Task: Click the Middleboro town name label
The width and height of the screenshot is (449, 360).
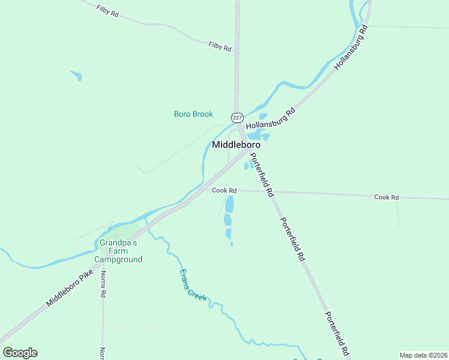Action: tap(236, 145)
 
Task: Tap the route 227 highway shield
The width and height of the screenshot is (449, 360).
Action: tap(237, 117)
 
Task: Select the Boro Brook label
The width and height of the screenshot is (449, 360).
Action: tap(193, 114)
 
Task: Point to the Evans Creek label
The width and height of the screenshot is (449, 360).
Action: tap(193, 285)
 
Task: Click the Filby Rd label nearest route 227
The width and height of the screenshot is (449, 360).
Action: tap(220, 46)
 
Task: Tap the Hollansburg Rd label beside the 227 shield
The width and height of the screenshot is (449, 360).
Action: tap(271, 119)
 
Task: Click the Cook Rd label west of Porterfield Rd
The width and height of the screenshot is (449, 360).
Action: tap(224, 191)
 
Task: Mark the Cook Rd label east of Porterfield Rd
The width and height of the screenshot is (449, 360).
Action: tap(387, 197)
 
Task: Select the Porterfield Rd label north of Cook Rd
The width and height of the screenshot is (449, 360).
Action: tap(262, 175)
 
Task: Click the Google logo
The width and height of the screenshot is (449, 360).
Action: tap(20, 353)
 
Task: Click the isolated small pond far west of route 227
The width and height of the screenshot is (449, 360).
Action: tap(76, 76)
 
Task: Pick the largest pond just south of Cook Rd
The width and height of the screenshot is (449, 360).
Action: tap(229, 205)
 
